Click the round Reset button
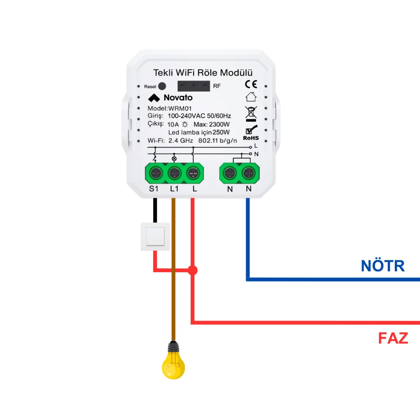pos(162,86)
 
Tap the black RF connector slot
pos(194,86)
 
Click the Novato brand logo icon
pos(154,98)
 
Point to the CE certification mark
pos(251,84)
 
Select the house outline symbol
pos(251,97)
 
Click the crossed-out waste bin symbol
pos(251,114)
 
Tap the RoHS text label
pos(251,138)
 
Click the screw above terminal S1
pos(156,173)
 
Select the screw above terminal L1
pos(174,173)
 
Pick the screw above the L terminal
pos(193,173)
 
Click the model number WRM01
pos(180,108)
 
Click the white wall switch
pos(155,236)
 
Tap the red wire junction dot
pos(193,270)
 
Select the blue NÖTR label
pos(383,266)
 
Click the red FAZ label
pos(393,338)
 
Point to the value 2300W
pos(219,124)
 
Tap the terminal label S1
pos(154,189)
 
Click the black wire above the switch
pos(155,210)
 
